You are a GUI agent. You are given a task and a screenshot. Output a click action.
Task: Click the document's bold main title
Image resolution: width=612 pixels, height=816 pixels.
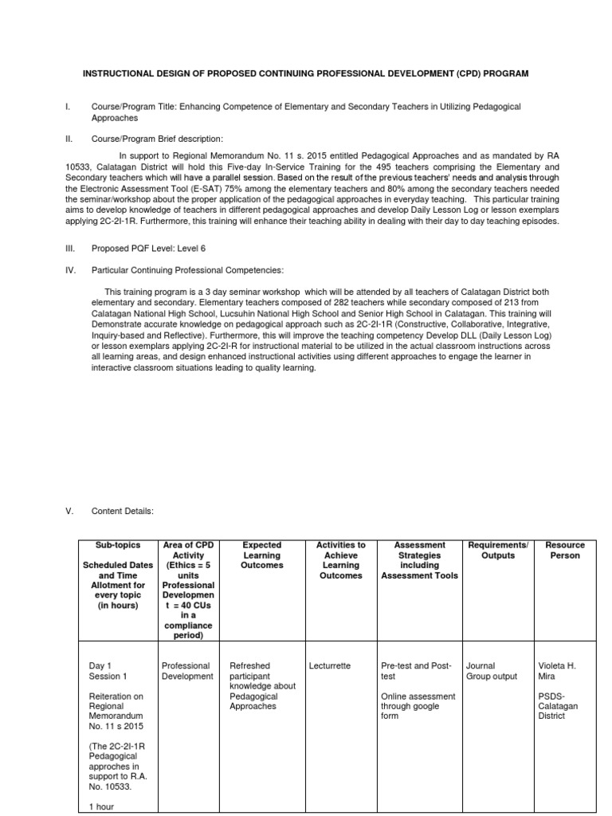click(306, 73)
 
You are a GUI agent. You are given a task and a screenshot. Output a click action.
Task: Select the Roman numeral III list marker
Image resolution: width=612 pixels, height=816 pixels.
click(70, 249)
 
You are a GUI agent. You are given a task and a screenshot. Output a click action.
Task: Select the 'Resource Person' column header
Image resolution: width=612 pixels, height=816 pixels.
click(565, 550)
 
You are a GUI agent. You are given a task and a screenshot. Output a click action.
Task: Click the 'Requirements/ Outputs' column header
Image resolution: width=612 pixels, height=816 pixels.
click(498, 550)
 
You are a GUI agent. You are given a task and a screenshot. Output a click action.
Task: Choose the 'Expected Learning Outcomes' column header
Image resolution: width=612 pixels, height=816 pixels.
click(261, 555)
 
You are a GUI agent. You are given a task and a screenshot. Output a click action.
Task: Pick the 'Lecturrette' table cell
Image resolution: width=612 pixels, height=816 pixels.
click(329, 665)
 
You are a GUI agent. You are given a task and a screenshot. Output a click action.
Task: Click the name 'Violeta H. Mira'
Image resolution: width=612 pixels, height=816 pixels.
click(560, 670)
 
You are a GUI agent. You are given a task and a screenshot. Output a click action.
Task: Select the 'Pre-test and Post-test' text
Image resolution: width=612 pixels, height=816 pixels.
click(416, 670)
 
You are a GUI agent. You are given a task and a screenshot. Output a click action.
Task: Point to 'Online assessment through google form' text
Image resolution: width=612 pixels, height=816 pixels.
click(418, 705)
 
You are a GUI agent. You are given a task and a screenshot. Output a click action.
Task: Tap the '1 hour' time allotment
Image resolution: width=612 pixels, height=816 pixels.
click(104, 806)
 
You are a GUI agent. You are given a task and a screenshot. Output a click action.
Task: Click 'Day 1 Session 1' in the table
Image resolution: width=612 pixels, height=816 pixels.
click(108, 670)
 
